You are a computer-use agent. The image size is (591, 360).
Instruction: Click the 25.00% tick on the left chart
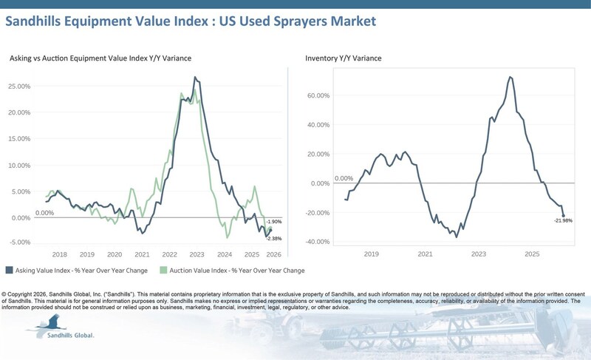20,86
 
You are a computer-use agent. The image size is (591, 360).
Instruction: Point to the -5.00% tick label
20,242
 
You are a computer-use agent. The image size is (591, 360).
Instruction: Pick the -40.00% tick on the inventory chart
319,242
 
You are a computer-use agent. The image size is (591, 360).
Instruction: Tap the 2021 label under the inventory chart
425,254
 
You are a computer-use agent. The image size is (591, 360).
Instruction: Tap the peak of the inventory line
511,77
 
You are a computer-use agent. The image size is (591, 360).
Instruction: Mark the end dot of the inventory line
563,215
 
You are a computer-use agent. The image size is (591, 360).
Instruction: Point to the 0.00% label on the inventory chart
344,178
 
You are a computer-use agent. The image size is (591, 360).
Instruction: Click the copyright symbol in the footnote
6,285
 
